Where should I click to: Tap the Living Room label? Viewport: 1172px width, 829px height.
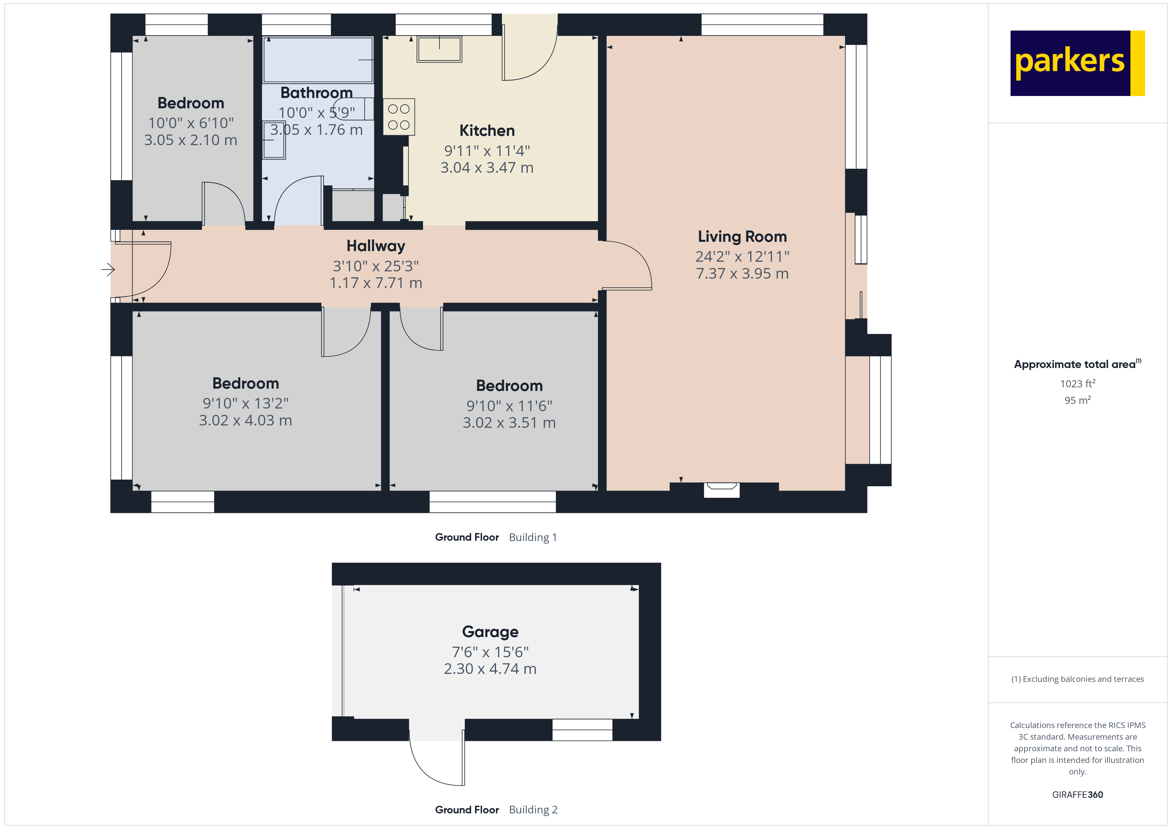742,236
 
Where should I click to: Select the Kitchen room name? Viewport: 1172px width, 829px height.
487,131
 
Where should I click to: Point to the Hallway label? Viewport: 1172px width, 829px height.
376,246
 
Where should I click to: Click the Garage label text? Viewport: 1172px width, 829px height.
490,632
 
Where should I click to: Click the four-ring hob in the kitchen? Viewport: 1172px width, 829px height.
399,117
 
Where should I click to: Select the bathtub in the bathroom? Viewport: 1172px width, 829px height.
318,60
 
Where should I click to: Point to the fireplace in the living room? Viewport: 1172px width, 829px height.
722,490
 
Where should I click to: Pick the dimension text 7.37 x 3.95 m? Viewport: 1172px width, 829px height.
742,274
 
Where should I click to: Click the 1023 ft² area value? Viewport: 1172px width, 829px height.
1078,383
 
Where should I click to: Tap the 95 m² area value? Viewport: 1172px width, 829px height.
1078,400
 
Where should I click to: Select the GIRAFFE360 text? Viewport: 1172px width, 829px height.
1078,795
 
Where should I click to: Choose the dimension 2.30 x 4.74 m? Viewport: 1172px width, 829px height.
490,669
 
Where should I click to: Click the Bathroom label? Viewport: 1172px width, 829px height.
317,93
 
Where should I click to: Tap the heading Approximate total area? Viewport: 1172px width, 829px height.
1075,364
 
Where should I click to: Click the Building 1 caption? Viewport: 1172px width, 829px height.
533,537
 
